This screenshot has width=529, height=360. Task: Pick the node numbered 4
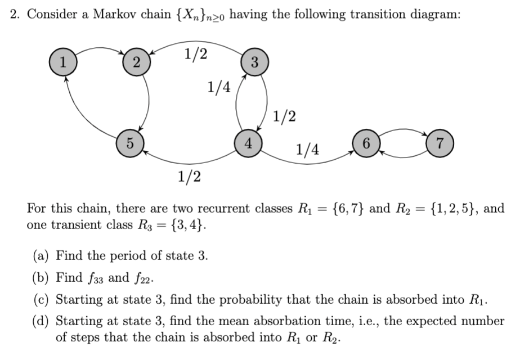(248, 141)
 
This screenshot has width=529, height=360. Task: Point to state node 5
(129, 141)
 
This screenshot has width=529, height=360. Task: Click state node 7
(440, 141)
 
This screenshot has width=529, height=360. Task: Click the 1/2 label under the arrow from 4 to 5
(189, 177)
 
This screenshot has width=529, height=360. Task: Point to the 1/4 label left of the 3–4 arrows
(218, 87)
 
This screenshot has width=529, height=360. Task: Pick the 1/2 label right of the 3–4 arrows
(284, 117)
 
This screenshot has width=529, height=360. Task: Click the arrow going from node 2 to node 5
(149, 101)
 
